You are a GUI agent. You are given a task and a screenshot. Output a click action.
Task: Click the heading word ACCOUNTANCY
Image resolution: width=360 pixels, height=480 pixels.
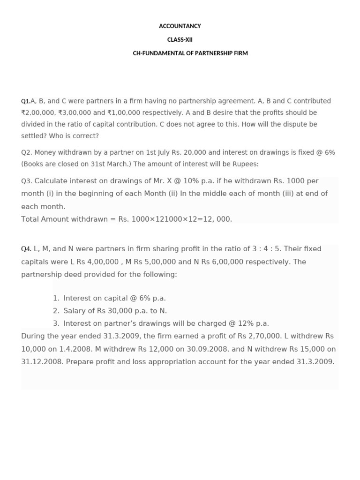(180, 26)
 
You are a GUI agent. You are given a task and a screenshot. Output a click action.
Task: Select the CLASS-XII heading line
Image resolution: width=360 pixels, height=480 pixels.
(180, 40)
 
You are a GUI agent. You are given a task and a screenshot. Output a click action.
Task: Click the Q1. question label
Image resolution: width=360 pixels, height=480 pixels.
(25, 101)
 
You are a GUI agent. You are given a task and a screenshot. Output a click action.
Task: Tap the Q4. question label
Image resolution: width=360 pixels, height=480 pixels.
(26, 249)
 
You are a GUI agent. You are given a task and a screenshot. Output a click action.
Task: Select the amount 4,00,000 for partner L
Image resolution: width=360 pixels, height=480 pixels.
(103, 262)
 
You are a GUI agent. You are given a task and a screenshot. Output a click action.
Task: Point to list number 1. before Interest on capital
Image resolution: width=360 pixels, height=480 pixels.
(56, 299)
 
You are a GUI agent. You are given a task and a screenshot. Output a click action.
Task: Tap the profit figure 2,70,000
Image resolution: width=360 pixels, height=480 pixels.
(264, 337)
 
